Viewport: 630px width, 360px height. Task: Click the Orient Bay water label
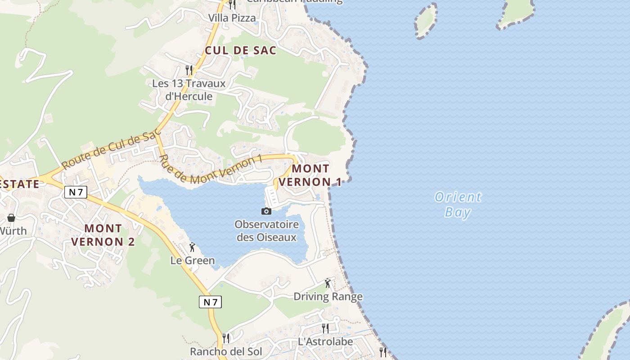458,204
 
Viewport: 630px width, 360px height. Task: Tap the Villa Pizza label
232,18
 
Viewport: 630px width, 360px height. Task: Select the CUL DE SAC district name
240,51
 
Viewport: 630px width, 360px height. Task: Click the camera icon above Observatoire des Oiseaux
266,211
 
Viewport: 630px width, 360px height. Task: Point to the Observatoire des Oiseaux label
266,231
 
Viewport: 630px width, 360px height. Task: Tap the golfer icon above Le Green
193,247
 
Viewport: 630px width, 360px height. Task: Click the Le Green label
193,261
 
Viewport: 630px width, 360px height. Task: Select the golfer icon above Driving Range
328,283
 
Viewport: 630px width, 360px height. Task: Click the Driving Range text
328,297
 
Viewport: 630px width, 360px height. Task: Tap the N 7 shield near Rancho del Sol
210,302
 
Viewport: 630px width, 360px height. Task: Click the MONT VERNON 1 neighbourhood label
310,175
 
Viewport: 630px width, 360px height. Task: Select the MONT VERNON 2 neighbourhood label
103,235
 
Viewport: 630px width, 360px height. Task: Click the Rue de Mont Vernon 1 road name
210,170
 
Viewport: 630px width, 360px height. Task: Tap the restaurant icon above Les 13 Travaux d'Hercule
189,70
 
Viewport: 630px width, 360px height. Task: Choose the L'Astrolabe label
325,342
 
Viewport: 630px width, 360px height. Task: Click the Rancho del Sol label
226,351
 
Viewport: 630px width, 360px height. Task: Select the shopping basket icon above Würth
11,218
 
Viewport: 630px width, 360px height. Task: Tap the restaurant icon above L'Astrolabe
325,328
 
